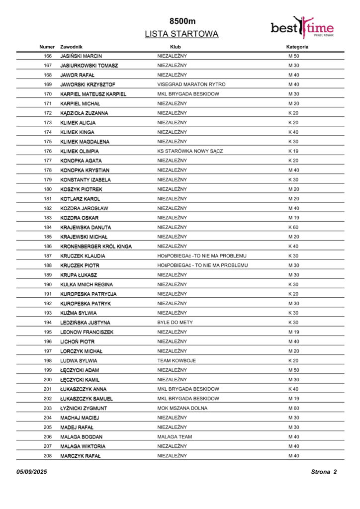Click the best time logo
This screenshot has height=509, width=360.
tap(302, 27)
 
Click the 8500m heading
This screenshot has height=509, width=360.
tap(182, 21)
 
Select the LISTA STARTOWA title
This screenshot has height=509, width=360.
tap(181, 34)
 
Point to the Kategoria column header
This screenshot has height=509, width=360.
tap(297, 47)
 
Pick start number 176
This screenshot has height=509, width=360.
tap(48, 151)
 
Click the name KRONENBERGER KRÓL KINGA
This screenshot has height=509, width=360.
tap(96, 247)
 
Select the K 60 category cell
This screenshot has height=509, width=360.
tap(293, 227)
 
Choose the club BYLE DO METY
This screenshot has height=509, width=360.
tap(175, 323)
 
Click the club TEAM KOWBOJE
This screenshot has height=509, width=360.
tap(177, 361)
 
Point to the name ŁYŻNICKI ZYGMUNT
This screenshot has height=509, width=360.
tap(84, 409)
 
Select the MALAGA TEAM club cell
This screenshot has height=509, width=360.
tap(175, 437)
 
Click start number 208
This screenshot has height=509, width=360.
tap(48, 456)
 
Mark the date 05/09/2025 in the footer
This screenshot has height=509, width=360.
tap(31, 472)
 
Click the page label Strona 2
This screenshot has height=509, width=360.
tap(324, 472)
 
